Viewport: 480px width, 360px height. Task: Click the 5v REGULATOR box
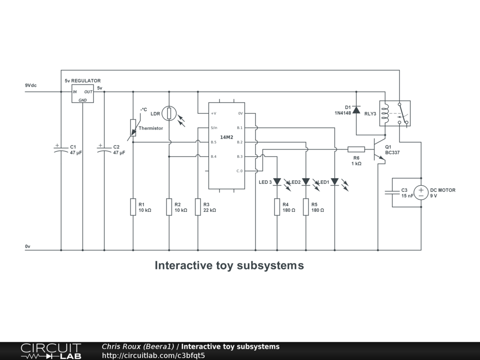pos(82,94)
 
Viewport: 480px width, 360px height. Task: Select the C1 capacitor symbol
pos(61,150)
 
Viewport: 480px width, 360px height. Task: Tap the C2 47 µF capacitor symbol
pos(105,150)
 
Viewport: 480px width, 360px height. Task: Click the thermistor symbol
pos(134,127)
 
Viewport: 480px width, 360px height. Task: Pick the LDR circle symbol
pos(169,113)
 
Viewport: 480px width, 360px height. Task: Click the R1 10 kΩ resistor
pos(133,207)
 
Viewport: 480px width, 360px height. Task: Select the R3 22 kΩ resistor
pos(198,207)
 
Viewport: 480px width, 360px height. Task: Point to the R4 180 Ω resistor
pos(277,207)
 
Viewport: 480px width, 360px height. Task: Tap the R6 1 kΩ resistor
pos(356,150)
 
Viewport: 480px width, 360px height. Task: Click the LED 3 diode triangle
pos(277,182)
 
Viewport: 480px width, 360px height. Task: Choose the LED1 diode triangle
pos(335,182)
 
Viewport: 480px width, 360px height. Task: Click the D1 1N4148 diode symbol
pos(356,110)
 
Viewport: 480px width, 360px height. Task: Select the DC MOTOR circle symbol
pos(421,193)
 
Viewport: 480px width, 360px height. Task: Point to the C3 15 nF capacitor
pos(392,193)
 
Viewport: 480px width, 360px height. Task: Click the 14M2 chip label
pos(226,137)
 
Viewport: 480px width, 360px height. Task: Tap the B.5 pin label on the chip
pos(213,142)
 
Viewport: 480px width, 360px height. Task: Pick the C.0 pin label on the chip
pos(240,171)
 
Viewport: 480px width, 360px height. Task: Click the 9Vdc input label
pos(31,85)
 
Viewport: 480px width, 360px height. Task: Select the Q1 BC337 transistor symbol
pos(379,150)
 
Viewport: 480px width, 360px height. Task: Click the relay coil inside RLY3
pos(385,113)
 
